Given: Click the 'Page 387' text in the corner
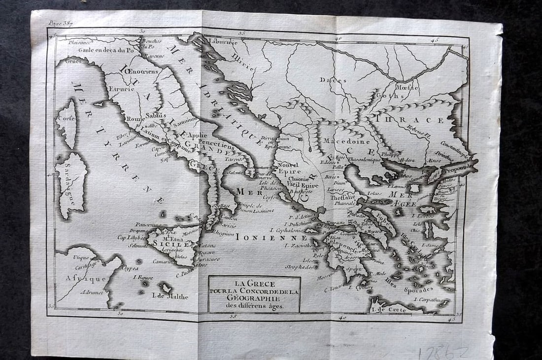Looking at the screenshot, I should coord(61,23).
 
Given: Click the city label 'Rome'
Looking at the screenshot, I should coord(134,119).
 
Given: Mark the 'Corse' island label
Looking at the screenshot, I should coord(66,119).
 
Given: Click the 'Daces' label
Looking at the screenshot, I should coord(333,79).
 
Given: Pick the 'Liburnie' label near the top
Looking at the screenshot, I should coord(223,42).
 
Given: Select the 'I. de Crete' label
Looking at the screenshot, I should coord(389,310).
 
